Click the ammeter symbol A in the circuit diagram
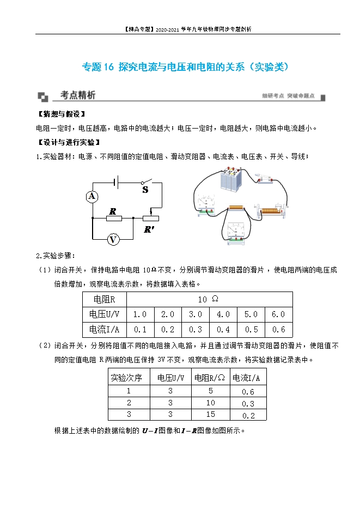[91, 196]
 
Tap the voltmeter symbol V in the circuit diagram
[113, 239]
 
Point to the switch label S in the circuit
[145, 190]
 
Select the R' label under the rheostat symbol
[149, 230]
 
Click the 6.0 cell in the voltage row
[278, 314]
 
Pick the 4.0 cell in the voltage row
[223, 314]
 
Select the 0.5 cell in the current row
[251, 330]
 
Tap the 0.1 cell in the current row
[140, 330]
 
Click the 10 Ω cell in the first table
[208, 299]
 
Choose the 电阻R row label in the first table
[104, 299]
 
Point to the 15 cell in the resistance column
[210, 415]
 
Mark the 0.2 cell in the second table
[248, 416]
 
